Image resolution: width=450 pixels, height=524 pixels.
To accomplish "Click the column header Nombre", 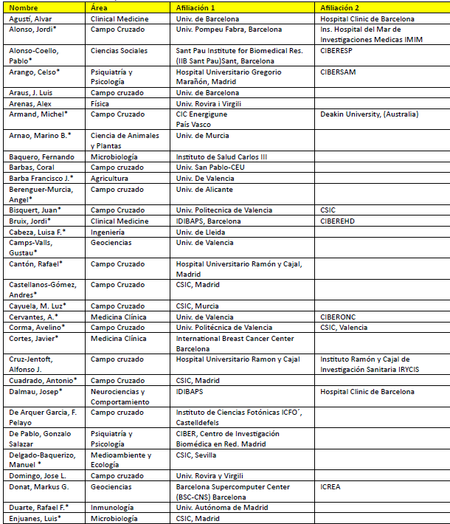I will click(23, 7).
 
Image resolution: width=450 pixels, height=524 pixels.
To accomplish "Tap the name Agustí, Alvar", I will click(30, 18).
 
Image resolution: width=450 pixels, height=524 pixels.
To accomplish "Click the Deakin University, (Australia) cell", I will click(369, 114).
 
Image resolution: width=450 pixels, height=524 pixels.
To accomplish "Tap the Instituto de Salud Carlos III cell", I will click(222, 157).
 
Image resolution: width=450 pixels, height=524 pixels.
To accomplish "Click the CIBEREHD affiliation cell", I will click(339, 221).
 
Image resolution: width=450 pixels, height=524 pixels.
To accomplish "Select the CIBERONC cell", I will click(339, 317).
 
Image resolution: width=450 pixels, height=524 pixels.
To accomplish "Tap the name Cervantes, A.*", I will click(34, 317).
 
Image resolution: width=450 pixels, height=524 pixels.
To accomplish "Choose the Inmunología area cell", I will click(112, 508).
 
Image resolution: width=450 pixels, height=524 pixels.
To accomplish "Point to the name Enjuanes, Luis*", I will click(35, 519).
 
